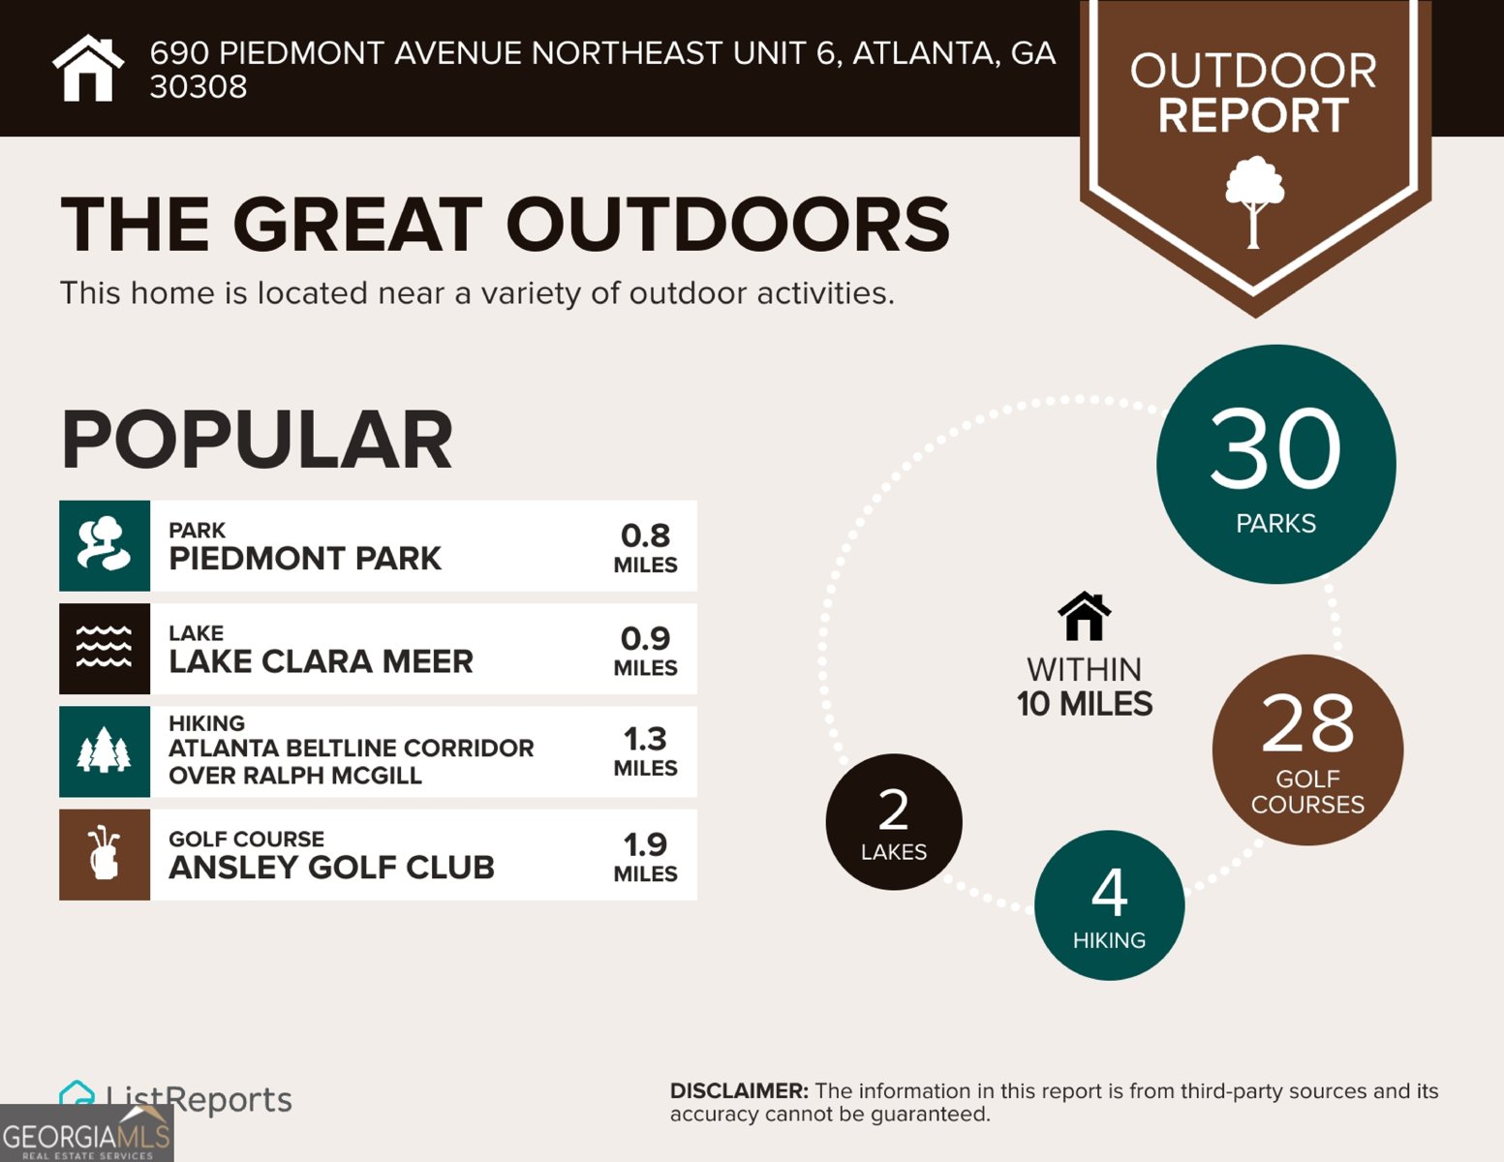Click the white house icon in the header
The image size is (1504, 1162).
[x=88, y=69]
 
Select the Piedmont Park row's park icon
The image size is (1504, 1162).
[x=105, y=545]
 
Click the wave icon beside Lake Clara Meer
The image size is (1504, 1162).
[x=105, y=648]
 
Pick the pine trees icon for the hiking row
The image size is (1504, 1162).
[x=105, y=751]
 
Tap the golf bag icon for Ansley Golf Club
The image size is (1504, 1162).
[x=105, y=854]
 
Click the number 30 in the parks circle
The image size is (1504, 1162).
[x=1275, y=449]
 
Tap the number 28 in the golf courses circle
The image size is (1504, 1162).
[x=1307, y=723]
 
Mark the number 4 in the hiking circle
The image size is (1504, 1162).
[x=1110, y=893]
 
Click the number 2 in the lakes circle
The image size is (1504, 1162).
[x=893, y=810]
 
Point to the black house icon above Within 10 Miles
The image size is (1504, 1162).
[x=1085, y=616]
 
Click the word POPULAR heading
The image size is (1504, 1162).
[x=257, y=441]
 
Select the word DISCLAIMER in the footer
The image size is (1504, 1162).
[x=738, y=1091]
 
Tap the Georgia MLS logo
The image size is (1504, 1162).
[x=86, y=1135]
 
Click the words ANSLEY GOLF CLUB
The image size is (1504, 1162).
[x=331, y=868]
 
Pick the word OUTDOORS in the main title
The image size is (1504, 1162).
[x=727, y=225]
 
